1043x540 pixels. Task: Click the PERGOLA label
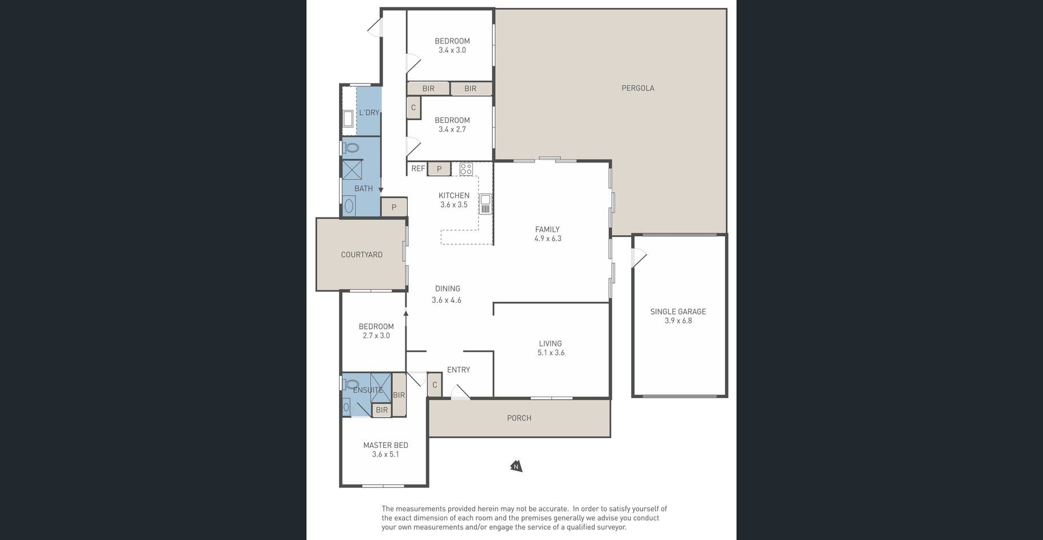tap(638, 88)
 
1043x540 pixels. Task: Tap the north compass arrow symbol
tap(516, 466)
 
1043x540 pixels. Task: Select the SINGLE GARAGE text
tap(678, 312)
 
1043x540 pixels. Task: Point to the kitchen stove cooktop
tap(466, 169)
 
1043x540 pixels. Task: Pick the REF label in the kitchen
tap(418, 169)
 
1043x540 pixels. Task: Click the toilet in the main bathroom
tap(351, 148)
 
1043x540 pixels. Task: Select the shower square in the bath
tap(352, 170)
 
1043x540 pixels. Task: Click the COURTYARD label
tap(361, 255)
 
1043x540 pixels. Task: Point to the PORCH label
tap(519, 418)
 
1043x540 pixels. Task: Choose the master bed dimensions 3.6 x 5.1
tap(385, 455)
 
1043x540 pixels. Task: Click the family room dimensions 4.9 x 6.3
tap(548, 239)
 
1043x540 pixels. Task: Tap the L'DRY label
tap(369, 113)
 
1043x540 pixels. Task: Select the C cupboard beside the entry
tap(435, 385)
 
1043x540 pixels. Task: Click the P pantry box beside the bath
tap(394, 207)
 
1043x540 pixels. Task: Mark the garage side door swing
tap(639, 257)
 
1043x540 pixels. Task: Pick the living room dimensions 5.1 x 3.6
tap(551, 353)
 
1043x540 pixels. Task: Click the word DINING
tap(447, 289)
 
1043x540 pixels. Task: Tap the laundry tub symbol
tap(348, 119)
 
